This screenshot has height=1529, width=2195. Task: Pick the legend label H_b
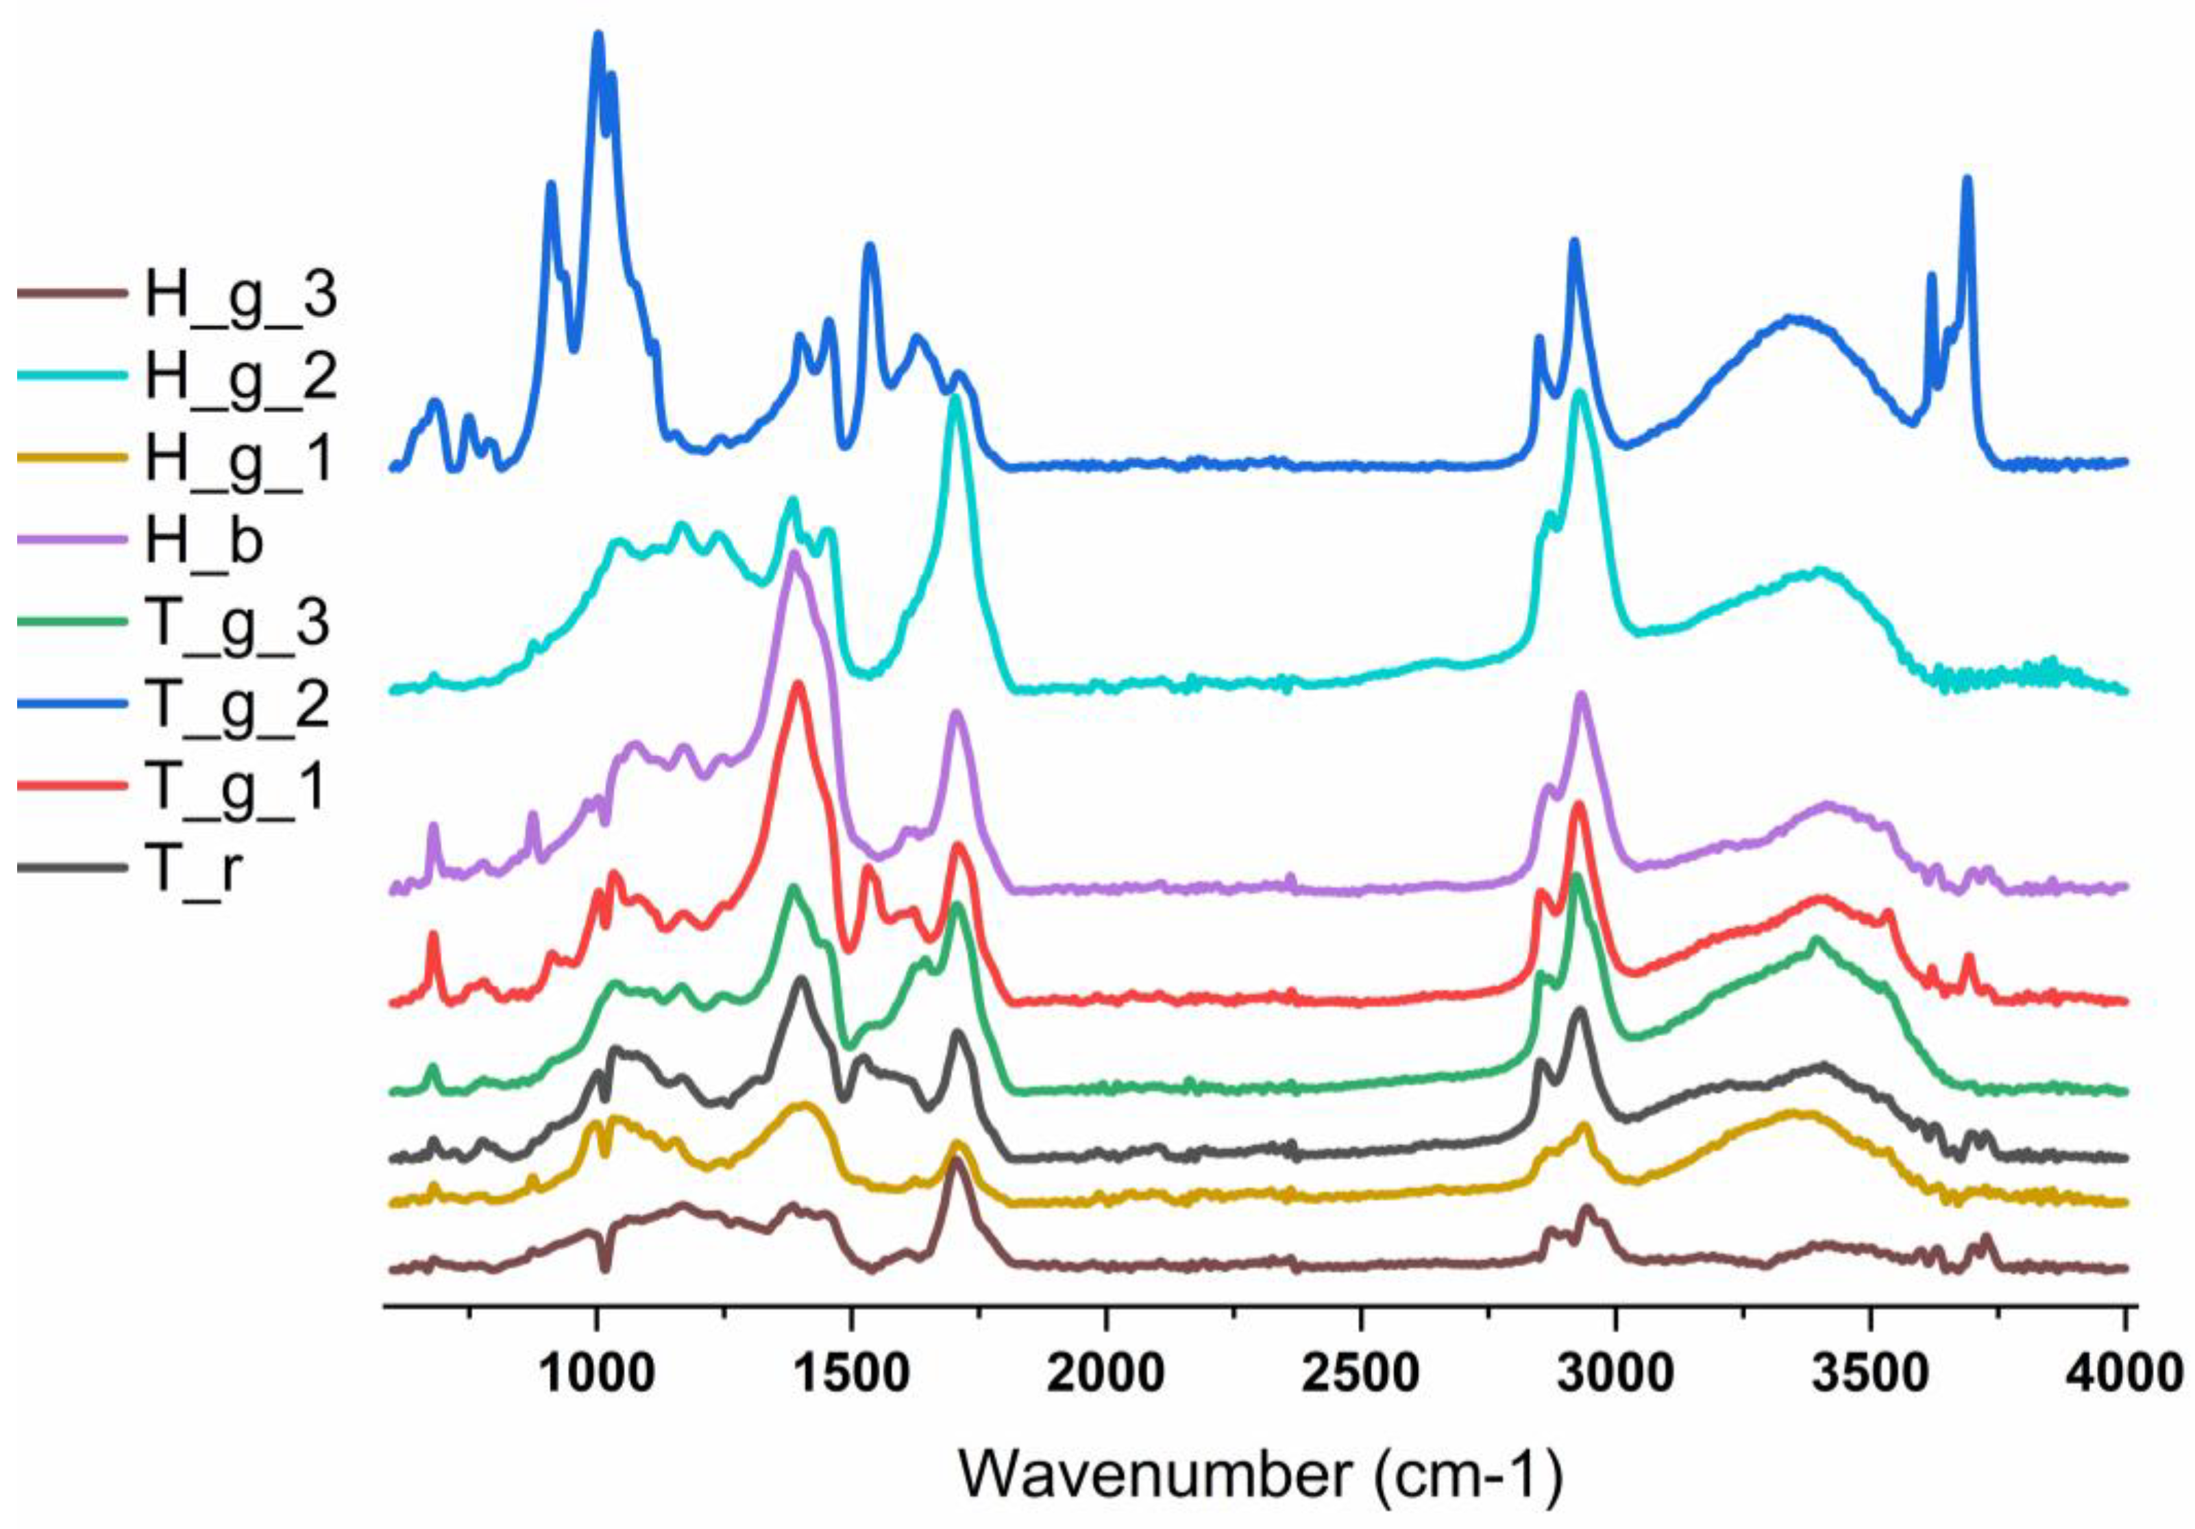204,541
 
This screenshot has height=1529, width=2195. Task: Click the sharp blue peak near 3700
1967,180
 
